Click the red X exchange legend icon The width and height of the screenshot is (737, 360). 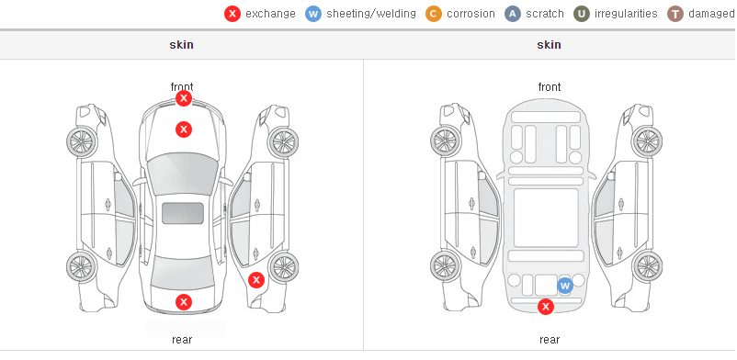tap(232, 14)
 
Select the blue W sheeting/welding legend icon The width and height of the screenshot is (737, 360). tap(313, 14)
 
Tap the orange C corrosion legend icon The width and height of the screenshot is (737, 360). tap(434, 14)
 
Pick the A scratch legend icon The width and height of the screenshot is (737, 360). tap(513, 14)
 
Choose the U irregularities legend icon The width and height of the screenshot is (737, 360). tap(582, 14)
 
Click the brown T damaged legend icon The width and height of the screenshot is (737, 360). tap(675, 14)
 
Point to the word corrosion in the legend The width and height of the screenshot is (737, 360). tap(471, 14)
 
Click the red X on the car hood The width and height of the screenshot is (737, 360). tap(184, 129)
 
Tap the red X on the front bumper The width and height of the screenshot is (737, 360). tap(184, 98)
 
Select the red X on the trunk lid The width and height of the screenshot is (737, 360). tap(184, 302)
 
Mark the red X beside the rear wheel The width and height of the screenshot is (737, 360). tap(256, 281)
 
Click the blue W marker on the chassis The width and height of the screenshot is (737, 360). tap(565, 286)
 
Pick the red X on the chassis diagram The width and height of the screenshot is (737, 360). tap(546, 307)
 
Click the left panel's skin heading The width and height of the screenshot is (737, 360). tap(181, 45)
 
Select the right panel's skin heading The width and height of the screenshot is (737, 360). tap(549, 45)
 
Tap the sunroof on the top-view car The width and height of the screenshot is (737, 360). tap(183, 213)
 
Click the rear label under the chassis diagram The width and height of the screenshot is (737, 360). tap(550, 340)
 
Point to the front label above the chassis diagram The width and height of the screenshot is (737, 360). tap(550, 87)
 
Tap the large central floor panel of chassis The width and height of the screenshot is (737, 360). tap(546, 218)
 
